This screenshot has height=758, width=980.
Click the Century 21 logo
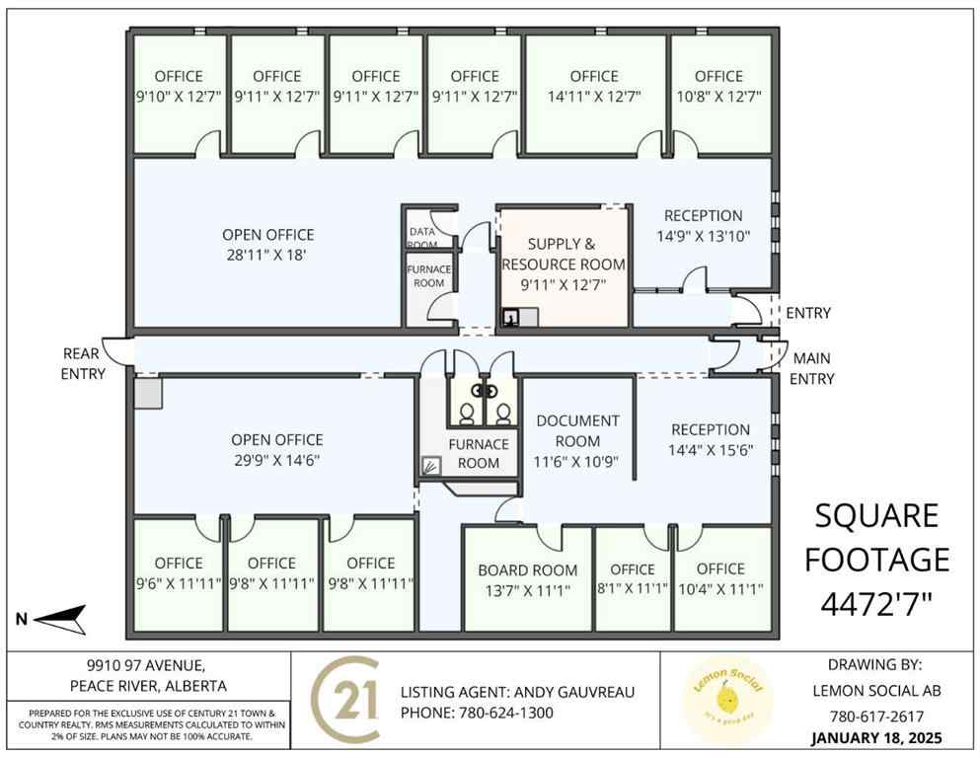[x=346, y=699]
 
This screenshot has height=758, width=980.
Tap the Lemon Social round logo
[x=729, y=700]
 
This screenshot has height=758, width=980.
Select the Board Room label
[x=528, y=578]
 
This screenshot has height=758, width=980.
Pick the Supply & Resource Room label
[x=564, y=264]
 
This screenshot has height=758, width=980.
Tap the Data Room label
[x=422, y=238]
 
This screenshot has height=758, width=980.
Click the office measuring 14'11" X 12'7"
[x=593, y=86]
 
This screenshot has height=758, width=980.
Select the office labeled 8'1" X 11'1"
[x=632, y=578]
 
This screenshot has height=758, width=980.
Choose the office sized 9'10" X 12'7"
[x=179, y=86]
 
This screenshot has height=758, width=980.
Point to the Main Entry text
[x=813, y=369]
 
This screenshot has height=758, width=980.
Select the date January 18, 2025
[x=876, y=737]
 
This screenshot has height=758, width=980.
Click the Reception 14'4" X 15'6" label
[x=710, y=440]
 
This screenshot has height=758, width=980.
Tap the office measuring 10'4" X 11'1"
[x=720, y=578]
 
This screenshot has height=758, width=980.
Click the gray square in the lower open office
[x=148, y=395]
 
